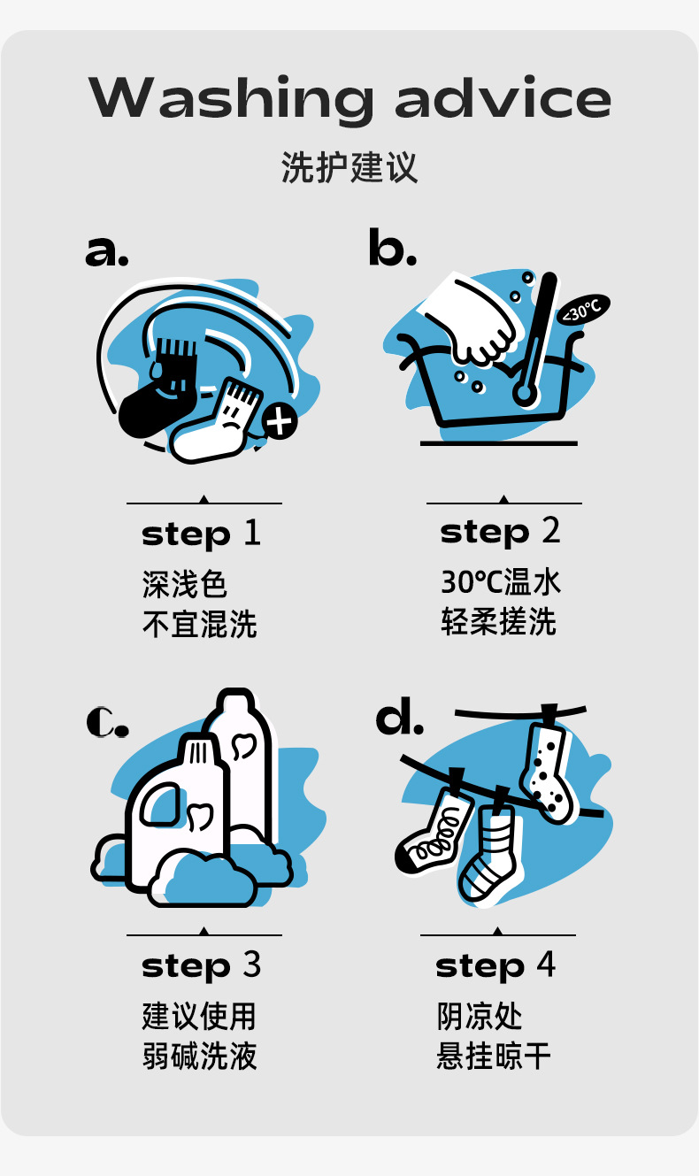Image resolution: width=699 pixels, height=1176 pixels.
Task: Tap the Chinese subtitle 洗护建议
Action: tap(349, 167)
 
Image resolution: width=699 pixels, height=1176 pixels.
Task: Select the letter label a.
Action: tap(106, 250)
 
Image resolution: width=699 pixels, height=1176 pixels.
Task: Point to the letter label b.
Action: tap(392, 246)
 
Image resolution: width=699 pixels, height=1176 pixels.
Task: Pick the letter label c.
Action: tap(108, 722)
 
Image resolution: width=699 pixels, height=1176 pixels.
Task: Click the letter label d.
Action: tap(399, 716)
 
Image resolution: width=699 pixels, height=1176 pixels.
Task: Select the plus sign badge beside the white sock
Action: tap(280, 421)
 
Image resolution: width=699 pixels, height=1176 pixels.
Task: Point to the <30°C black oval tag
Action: tap(584, 309)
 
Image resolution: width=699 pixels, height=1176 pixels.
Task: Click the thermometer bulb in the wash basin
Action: tap(524, 392)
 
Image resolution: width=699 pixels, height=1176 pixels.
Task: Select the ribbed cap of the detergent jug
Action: tap(198, 751)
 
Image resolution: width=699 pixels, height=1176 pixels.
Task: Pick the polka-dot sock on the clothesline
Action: tap(547, 769)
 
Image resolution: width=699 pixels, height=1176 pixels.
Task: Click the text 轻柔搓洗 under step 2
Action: tap(498, 622)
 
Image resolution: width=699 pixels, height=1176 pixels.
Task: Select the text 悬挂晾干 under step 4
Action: tap(494, 1056)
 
